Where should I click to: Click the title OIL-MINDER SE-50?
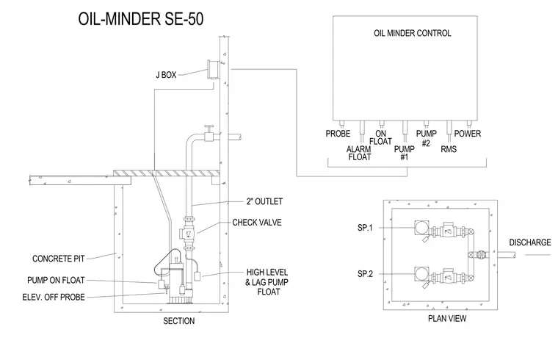(141, 19)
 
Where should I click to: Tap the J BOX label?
(166, 75)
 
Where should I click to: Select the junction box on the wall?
(212, 70)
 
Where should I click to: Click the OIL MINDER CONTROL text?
(413, 33)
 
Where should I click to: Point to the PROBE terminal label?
(338, 134)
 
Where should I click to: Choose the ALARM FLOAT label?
(359, 153)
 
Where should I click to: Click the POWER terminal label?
(468, 134)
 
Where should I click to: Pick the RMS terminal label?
(449, 149)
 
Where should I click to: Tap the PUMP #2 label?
(427, 138)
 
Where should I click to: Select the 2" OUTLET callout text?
(265, 201)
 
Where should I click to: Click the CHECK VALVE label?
(257, 223)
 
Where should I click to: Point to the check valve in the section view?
(189, 234)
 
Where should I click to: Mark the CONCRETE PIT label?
(58, 259)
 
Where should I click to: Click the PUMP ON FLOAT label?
(56, 280)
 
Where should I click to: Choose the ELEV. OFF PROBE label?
(54, 297)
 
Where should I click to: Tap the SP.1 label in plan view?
(365, 228)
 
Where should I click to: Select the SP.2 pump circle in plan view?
(421, 275)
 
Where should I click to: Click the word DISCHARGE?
(530, 242)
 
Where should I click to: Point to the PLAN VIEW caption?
(447, 318)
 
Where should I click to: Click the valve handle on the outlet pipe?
(209, 128)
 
